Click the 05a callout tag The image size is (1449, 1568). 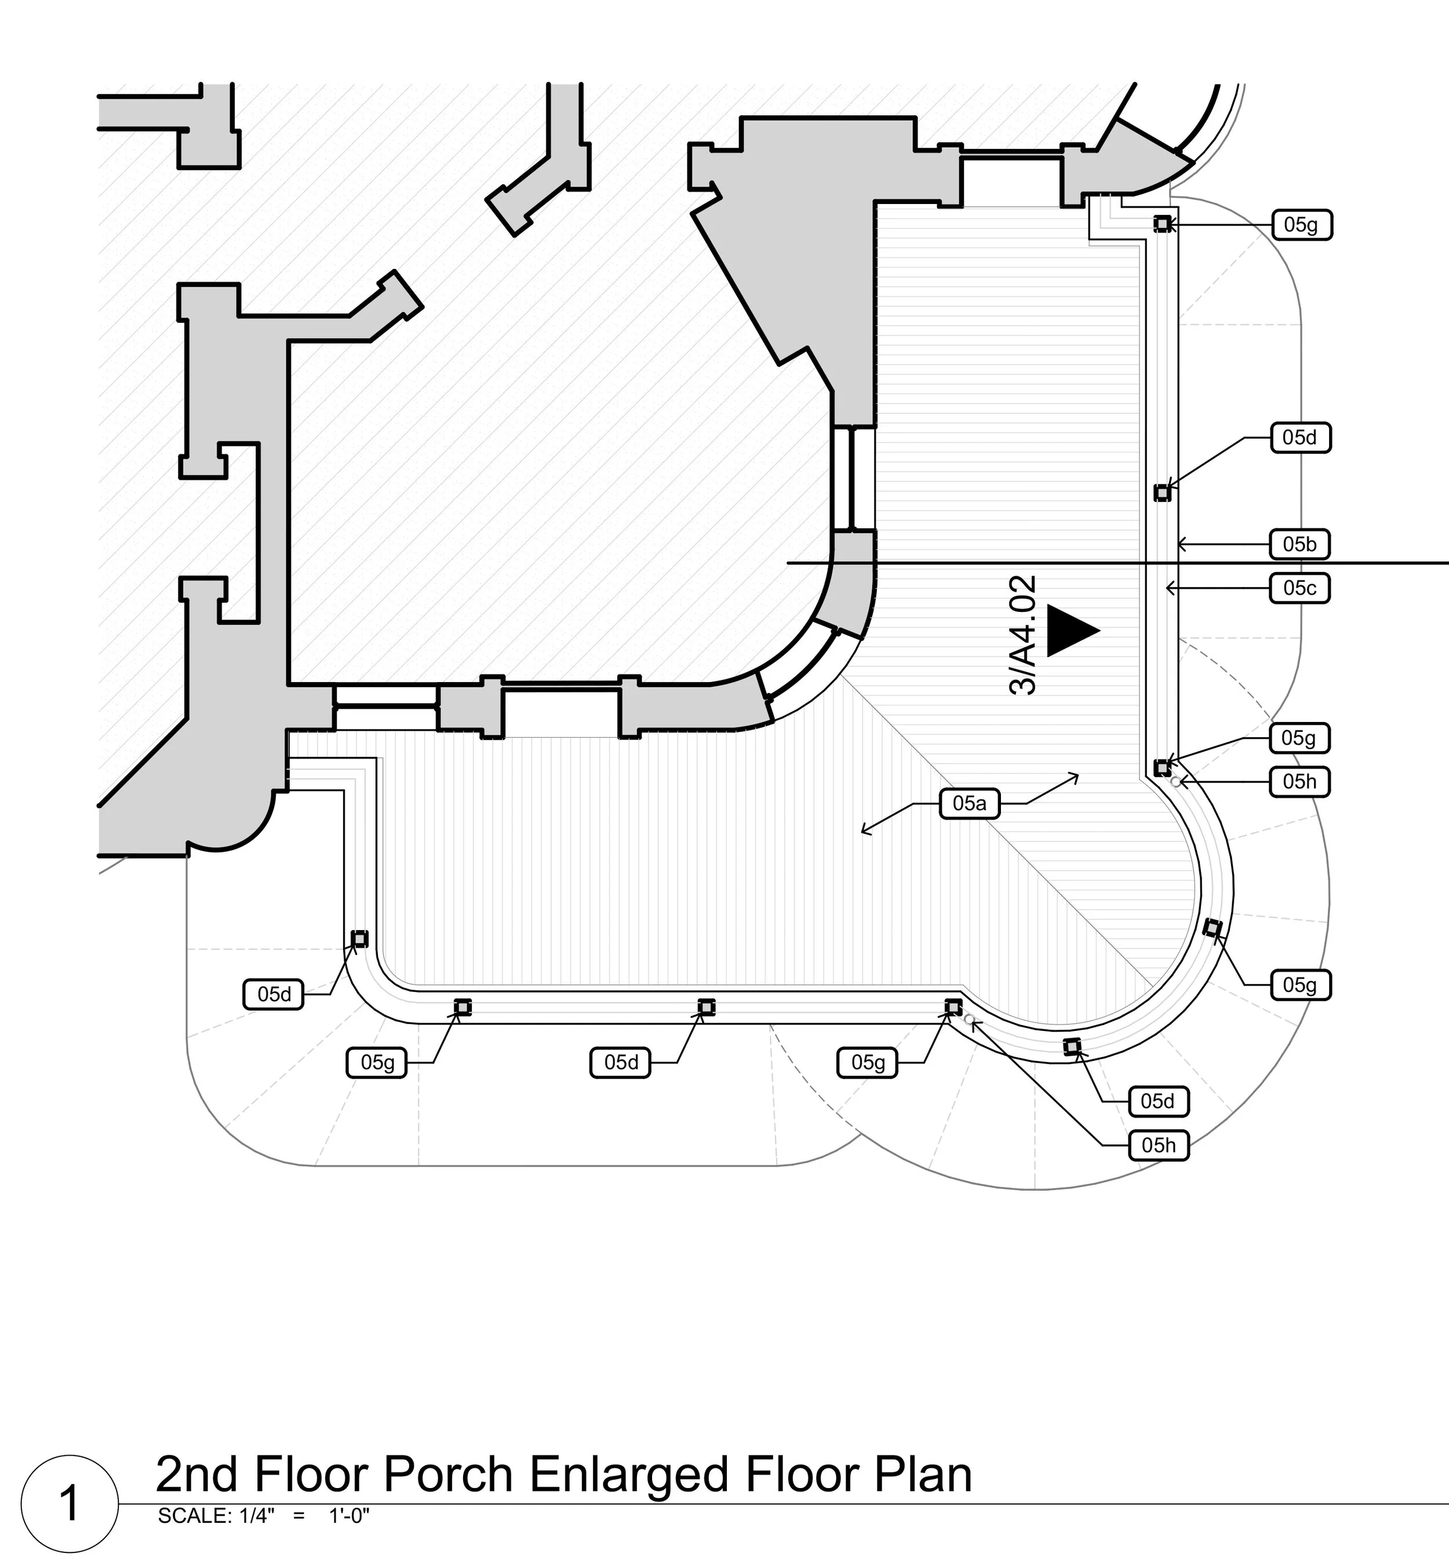coord(969,804)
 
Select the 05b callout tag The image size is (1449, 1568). coord(1299,544)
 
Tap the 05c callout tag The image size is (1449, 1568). coord(1299,588)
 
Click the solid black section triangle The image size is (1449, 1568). coord(1071,631)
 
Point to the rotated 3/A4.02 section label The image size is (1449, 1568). coord(1023,635)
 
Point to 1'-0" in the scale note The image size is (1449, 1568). coord(349,1516)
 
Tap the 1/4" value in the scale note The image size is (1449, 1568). coord(256,1516)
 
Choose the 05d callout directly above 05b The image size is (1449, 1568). coord(1299,437)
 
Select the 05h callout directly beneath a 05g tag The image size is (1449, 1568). coord(1299,782)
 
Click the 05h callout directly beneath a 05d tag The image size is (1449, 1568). coord(1158,1146)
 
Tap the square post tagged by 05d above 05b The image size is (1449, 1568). coord(1162,493)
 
